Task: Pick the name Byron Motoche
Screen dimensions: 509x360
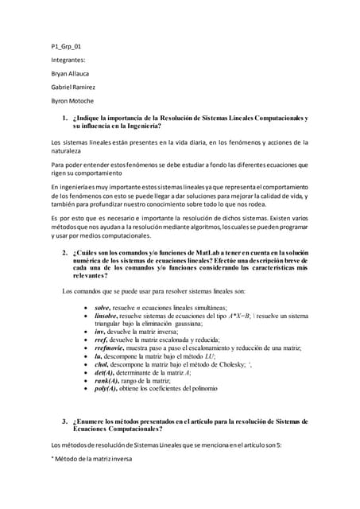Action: pyautogui.click(x=72, y=101)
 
